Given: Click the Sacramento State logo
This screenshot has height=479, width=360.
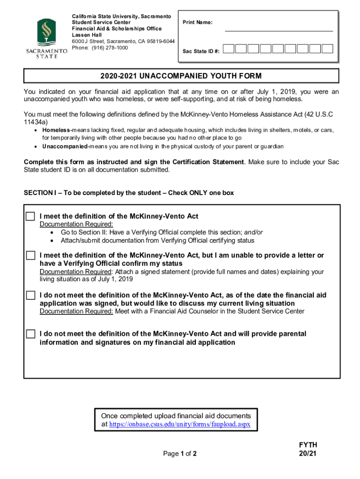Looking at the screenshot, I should tap(47, 38).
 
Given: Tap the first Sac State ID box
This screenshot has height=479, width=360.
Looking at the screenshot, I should tap(240, 49).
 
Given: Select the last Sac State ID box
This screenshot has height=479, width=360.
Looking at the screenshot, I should tap(327, 49).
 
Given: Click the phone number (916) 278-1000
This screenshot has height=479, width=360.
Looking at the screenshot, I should tap(100, 48).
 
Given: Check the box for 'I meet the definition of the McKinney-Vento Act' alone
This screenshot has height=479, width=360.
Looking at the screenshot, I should tap(30, 217).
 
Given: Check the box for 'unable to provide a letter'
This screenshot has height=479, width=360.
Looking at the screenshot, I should tap(30, 256).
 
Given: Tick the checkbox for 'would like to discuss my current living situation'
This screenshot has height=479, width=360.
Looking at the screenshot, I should tap(30, 296).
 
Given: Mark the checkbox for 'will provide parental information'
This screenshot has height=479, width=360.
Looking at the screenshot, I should tap(30, 334).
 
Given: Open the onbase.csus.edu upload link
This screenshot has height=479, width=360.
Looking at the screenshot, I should tap(180, 424).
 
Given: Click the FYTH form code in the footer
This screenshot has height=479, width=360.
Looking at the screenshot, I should tap(308, 445).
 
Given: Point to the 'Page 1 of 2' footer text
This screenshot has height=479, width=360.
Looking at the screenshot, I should tap(180, 454).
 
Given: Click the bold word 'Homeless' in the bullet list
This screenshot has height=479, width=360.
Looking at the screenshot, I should tap(56, 130).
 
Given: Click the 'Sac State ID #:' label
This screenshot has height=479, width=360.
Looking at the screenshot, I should tap(201, 51).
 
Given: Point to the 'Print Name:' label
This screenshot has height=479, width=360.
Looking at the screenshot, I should tap(197, 22).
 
